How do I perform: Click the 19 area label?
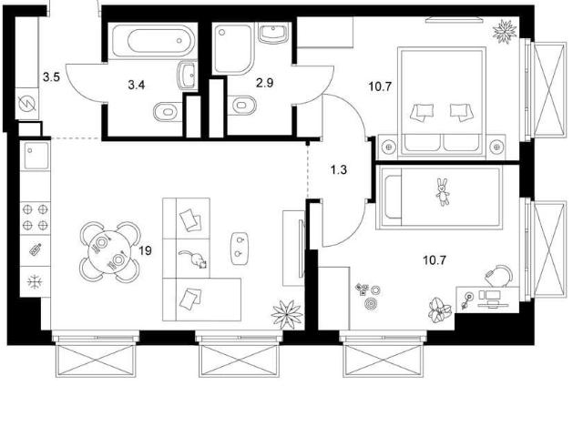click(146, 251)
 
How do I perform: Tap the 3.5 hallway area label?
click(51, 77)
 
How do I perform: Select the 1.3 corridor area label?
click(339, 170)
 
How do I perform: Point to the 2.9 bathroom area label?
click(265, 83)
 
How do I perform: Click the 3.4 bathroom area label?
click(137, 85)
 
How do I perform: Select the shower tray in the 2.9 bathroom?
click(233, 47)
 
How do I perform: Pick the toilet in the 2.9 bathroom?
click(241, 106)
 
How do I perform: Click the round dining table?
click(109, 252)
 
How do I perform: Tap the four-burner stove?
click(36, 218)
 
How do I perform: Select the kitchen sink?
click(36, 155)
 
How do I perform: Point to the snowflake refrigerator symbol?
click(35, 282)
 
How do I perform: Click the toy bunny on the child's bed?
click(443, 192)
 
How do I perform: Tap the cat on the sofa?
click(194, 259)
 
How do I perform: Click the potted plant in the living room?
click(287, 314)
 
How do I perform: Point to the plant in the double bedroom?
click(505, 31)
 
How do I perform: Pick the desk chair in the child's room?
click(499, 276)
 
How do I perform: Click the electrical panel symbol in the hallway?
click(28, 103)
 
